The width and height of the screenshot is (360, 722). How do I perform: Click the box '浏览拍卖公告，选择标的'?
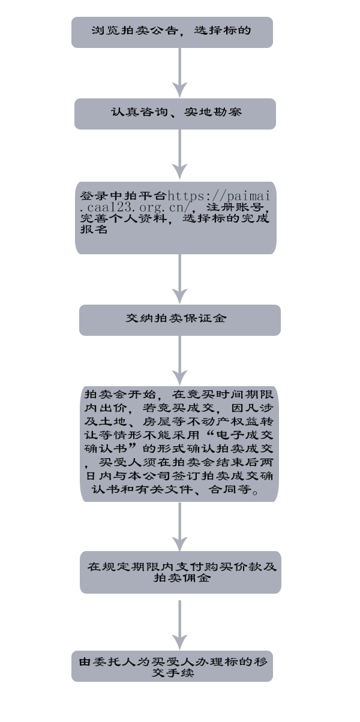click(172, 32)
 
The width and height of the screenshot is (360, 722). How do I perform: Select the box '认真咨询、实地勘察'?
click(175, 114)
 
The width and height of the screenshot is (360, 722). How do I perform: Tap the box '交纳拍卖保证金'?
click(180, 320)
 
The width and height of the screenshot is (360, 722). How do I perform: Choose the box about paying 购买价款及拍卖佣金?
click(181, 572)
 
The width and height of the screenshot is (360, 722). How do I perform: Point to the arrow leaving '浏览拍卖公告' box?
click(179, 73)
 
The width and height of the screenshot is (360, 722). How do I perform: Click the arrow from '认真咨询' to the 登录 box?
click(179, 154)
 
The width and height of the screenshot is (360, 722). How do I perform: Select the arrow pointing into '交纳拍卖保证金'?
click(179, 279)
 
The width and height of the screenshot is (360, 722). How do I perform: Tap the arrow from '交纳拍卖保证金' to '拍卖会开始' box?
click(179, 360)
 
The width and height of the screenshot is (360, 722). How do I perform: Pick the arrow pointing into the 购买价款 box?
click(179, 527)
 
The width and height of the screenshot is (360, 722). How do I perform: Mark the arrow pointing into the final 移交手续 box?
click(179, 625)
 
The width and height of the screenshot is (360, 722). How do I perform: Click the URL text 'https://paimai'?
click(219, 196)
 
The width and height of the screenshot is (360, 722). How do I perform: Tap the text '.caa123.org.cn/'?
click(138, 207)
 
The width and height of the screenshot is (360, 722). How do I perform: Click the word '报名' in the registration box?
click(94, 229)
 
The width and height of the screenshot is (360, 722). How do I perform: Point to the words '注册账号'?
click(234, 207)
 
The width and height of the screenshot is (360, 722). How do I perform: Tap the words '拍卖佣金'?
click(182, 577)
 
